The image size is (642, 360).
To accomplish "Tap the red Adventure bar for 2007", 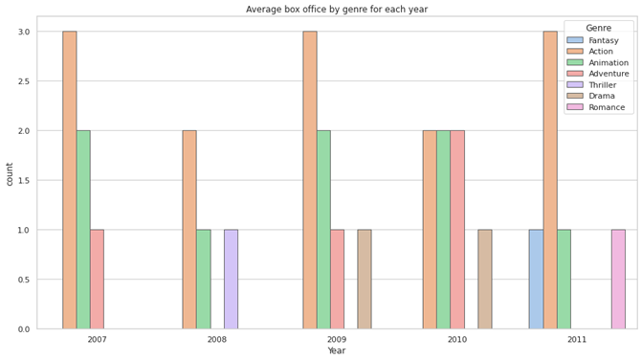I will (97, 279).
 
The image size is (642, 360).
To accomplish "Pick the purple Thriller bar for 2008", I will (231, 279).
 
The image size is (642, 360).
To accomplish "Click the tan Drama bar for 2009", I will (365, 279).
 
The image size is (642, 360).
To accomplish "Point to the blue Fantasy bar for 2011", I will (536, 279).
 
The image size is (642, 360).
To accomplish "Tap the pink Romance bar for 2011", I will (618, 279).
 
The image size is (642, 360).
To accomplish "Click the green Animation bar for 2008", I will (204, 279).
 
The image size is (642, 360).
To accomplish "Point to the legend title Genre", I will (599, 28).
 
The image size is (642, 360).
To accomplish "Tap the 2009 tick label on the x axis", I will (337, 340).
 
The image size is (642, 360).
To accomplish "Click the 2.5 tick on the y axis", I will (22, 81).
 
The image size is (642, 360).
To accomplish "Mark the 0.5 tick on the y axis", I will (22, 280).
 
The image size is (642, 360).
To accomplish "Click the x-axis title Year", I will (337, 351).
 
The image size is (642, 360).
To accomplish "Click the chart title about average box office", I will (337, 9).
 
